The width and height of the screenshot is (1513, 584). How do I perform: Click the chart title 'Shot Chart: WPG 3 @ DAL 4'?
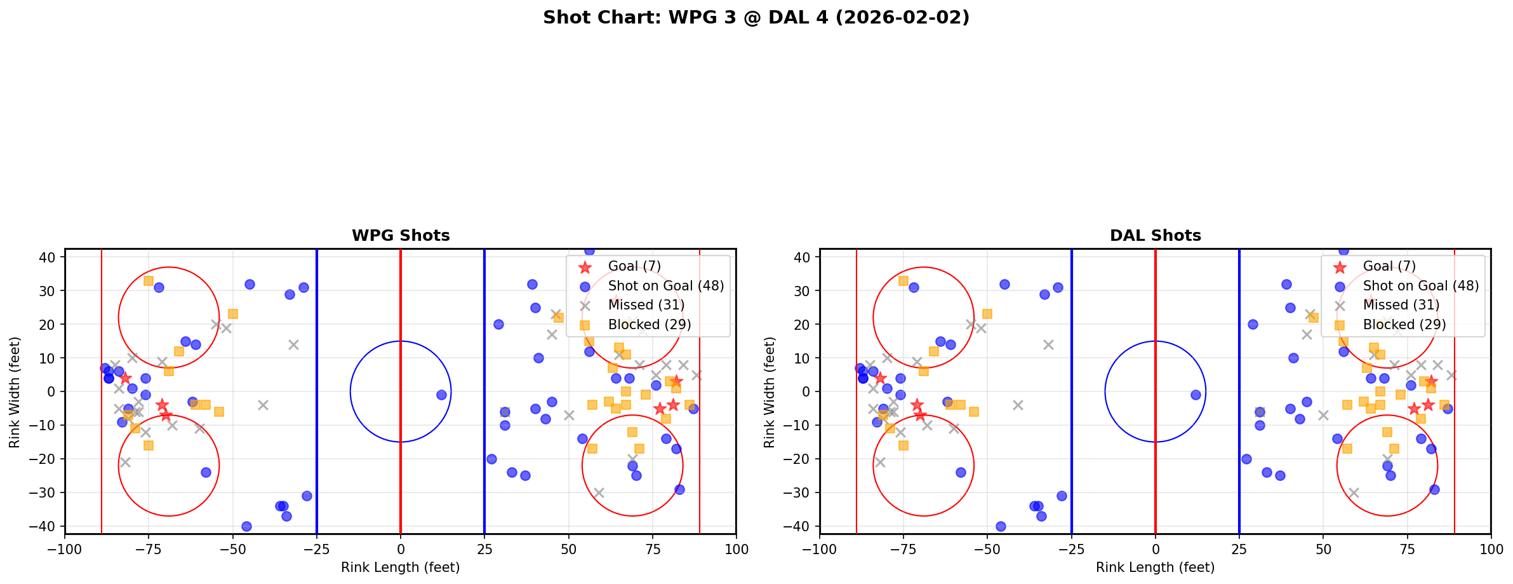click(756, 18)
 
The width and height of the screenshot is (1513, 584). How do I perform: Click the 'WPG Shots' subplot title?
click(401, 236)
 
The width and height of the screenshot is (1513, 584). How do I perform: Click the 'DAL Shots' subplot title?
click(1155, 236)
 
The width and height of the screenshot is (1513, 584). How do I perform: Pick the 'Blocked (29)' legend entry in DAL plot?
click(1404, 325)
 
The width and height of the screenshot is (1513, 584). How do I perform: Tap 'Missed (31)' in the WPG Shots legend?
click(646, 305)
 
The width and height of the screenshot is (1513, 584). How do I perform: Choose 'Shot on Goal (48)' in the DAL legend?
click(1420, 286)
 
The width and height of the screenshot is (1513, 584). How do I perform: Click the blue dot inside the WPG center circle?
click(441, 395)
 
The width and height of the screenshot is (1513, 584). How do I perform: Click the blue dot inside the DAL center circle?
click(1196, 395)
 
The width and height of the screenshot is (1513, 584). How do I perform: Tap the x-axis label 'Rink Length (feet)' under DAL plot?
click(1155, 567)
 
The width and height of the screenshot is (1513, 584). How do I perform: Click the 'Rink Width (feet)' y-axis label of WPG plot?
click(15, 391)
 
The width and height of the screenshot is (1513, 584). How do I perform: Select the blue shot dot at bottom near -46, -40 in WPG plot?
click(246, 526)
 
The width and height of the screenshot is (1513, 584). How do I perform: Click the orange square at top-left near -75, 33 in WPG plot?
click(149, 280)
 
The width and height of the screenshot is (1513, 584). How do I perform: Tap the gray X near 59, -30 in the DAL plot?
click(1353, 492)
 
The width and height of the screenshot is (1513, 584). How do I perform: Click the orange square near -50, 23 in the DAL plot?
click(987, 314)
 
